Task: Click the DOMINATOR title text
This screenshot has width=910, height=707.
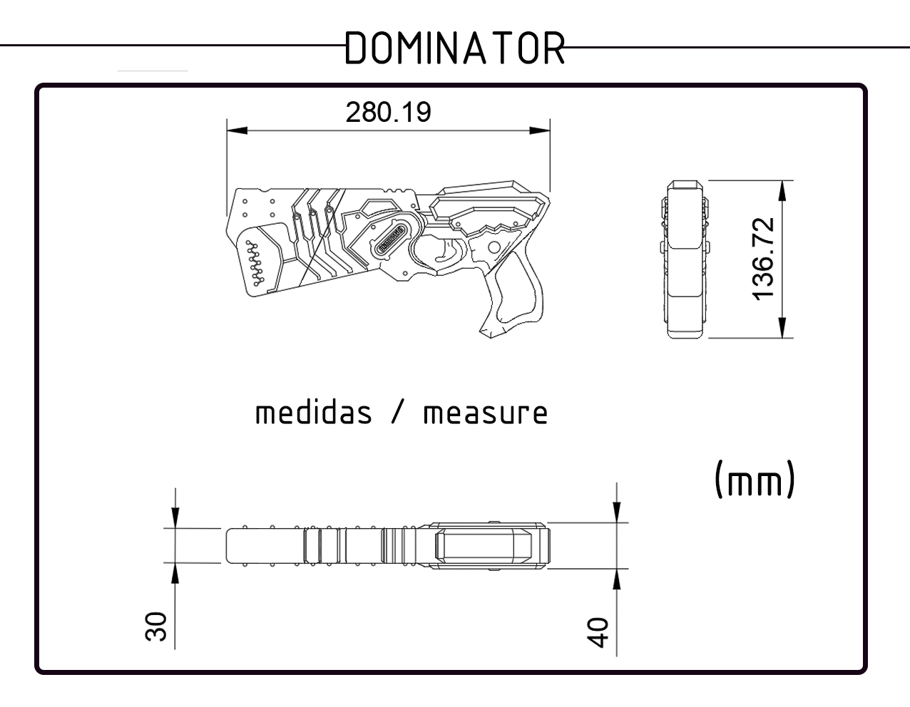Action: (455, 48)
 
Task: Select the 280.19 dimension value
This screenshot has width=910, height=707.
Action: (388, 113)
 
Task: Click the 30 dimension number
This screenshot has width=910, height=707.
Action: (155, 627)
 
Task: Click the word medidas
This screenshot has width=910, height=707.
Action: (314, 413)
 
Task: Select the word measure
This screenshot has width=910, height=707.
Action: (486, 413)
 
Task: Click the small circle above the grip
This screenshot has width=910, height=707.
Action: (493, 247)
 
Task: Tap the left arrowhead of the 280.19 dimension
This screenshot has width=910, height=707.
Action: (235, 130)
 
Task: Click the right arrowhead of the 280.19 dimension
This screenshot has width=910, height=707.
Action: (541, 130)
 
